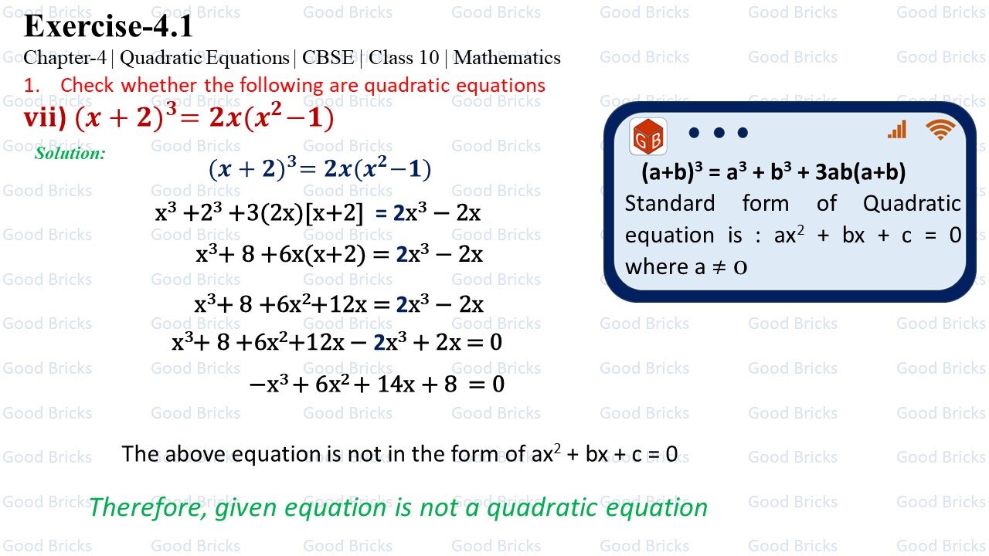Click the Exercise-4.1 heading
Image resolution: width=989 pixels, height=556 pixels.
coord(108,26)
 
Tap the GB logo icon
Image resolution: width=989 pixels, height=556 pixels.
coord(648,136)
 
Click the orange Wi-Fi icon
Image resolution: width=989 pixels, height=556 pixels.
coord(940,130)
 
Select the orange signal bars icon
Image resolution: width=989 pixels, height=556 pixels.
coord(897,130)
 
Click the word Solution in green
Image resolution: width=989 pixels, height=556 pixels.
coord(70,153)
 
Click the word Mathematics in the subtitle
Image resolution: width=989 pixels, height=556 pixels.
coord(507,58)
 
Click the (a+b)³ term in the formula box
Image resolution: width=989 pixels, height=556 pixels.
coord(671,172)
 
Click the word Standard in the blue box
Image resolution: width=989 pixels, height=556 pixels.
coord(670,204)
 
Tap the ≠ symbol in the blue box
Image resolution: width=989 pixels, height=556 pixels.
coord(719,267)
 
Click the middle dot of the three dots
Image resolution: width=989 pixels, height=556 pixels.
coord(719,133)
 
